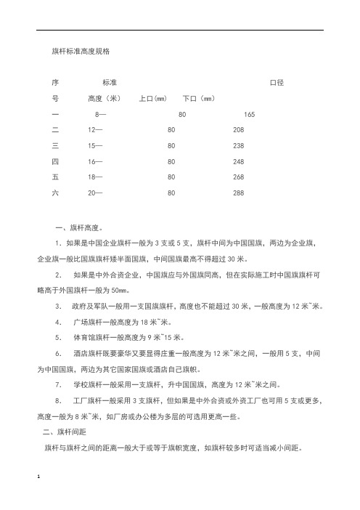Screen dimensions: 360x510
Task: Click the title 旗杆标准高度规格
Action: tap(80, 52)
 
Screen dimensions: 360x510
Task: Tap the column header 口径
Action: tap(276, 84)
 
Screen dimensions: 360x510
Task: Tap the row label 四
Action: tap(55, 161)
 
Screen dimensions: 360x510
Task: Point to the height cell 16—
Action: tap(95, 161)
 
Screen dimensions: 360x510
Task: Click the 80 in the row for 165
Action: tap(182, 115)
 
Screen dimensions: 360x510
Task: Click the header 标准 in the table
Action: tap(110, 84)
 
